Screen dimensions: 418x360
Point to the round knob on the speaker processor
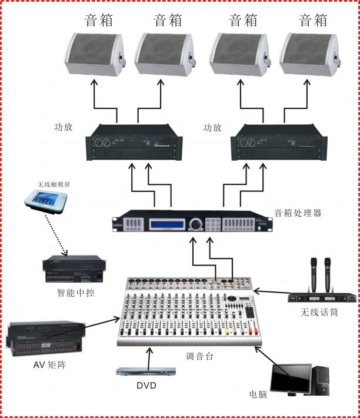click(195, 224)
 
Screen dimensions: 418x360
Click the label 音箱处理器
click(298, 213)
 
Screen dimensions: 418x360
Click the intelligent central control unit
click(72, 270)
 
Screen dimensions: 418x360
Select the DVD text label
click(146, 386)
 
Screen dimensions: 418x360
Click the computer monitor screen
click(291, 379)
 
